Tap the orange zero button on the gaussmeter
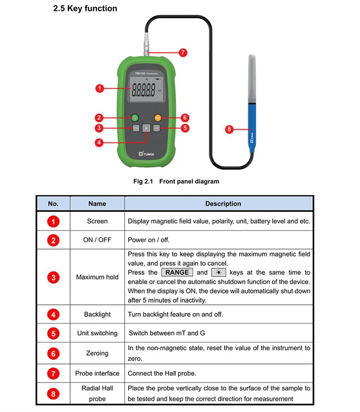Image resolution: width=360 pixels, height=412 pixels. pos(157,118)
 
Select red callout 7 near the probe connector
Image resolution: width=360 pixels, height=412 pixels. pos(182,53)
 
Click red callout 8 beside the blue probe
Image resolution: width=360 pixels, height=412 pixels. pos(229,129)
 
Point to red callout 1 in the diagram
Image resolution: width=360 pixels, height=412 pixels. pos(100,89)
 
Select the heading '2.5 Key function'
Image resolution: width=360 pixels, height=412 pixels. pos(85,9)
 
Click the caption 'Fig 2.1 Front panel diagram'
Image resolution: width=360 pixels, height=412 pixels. pos(176,181)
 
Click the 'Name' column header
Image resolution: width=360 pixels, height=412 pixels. pos(97,204)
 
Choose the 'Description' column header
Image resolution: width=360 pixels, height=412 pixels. pos(223,204)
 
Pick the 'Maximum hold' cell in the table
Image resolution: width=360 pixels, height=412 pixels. pos(97,277)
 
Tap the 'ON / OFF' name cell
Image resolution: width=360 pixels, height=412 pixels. pos(97,240)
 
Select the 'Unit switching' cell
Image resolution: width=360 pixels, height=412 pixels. pos(97,333)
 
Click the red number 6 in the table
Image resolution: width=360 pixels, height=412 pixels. pos(53,354)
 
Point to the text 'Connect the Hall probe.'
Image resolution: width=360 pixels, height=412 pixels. pos(162,373)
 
